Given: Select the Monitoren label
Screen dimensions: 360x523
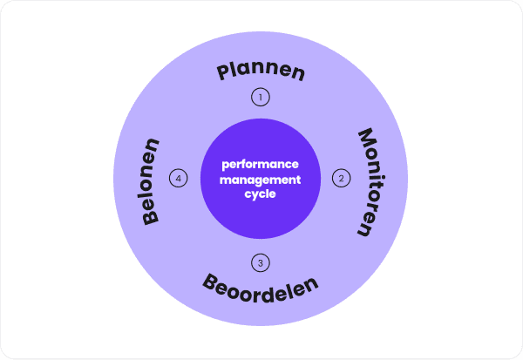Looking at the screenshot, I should [369, 183].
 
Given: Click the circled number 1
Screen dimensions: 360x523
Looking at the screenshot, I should [260, 97].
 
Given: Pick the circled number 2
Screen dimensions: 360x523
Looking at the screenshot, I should [340, 179].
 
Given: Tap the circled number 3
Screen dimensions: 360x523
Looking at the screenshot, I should [260, 262].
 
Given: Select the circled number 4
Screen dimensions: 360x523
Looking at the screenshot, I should [179, 179].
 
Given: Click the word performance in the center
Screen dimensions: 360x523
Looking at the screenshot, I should [260, 164].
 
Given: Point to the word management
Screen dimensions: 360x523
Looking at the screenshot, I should [260, 179].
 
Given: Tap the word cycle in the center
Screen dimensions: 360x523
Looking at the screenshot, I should [260, 194].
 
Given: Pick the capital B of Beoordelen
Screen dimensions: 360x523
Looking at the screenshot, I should [211, 281].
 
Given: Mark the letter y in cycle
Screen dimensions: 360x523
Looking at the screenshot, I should [255, 195].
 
